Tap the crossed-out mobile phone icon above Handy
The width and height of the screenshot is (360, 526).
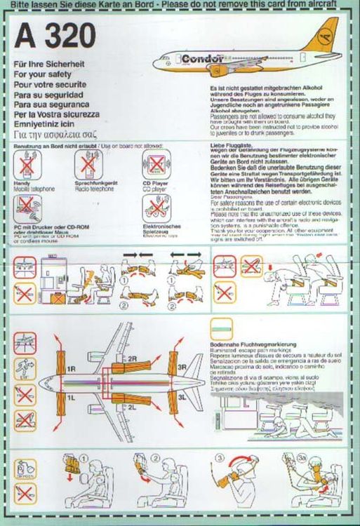pyautogui.click(x=28, y=166)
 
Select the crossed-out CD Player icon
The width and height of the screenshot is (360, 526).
pyautogui.click(x=156, y=166)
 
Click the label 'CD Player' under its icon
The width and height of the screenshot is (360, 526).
pyautogui.click(x=156, y=184)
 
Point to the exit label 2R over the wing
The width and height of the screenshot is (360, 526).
pyautogui.click(x=131, y=359)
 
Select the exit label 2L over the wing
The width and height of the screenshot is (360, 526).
pyautogui.click(x=131, y=405)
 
